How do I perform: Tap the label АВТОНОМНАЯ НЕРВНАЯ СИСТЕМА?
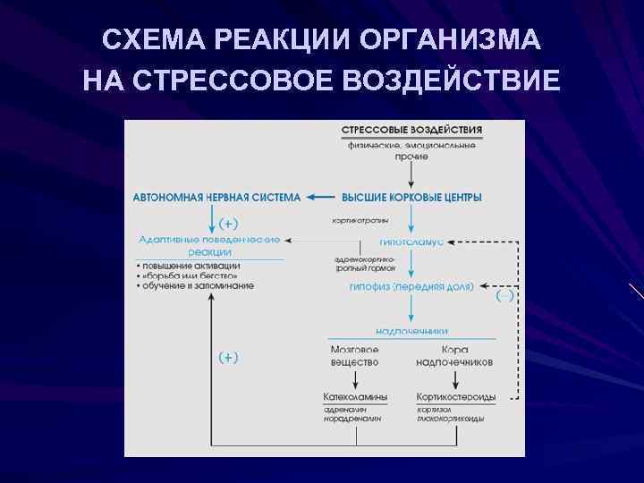(x=217, y=197)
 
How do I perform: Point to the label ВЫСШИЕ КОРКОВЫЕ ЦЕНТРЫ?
(x=412, y=197)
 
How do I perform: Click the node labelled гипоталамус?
(x=411, y=241)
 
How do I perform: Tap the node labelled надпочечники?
(x=411, y=331)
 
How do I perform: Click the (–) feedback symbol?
(x=504, y=296)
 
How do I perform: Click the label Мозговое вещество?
(x=354, y=355)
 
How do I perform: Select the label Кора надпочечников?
(x=454, y=355)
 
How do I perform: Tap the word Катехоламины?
(x=356, y=396)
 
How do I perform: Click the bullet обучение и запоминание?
(x=198, y=285)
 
